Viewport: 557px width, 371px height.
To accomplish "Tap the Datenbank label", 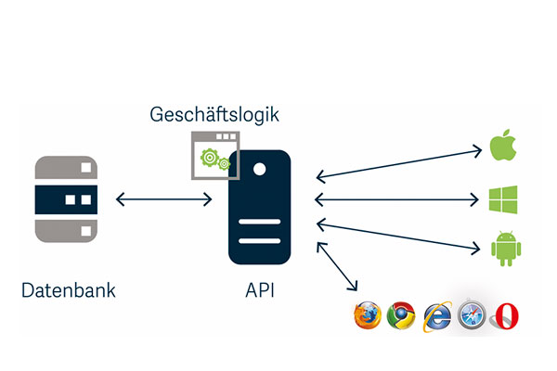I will (x=69, y=290).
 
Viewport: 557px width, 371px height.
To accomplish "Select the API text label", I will (x=259, y=290).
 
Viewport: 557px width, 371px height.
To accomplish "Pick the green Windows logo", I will (x=502, y=198).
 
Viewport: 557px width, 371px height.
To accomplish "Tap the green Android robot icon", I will (x=501, y=248).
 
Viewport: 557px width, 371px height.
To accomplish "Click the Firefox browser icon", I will (x=366, y=315).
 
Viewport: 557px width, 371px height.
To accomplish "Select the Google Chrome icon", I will (x=401, y=315).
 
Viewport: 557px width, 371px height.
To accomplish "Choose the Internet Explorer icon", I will (x=436, y=315).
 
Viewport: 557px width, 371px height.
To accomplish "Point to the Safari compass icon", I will (x=471, y=315).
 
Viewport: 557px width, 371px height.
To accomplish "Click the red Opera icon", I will (x=505, y=315).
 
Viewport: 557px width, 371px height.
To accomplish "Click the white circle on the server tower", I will (x=260, y=169).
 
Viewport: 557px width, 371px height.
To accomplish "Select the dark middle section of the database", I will (x=66, y=199).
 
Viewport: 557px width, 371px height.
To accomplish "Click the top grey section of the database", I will (x=66, y=168).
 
